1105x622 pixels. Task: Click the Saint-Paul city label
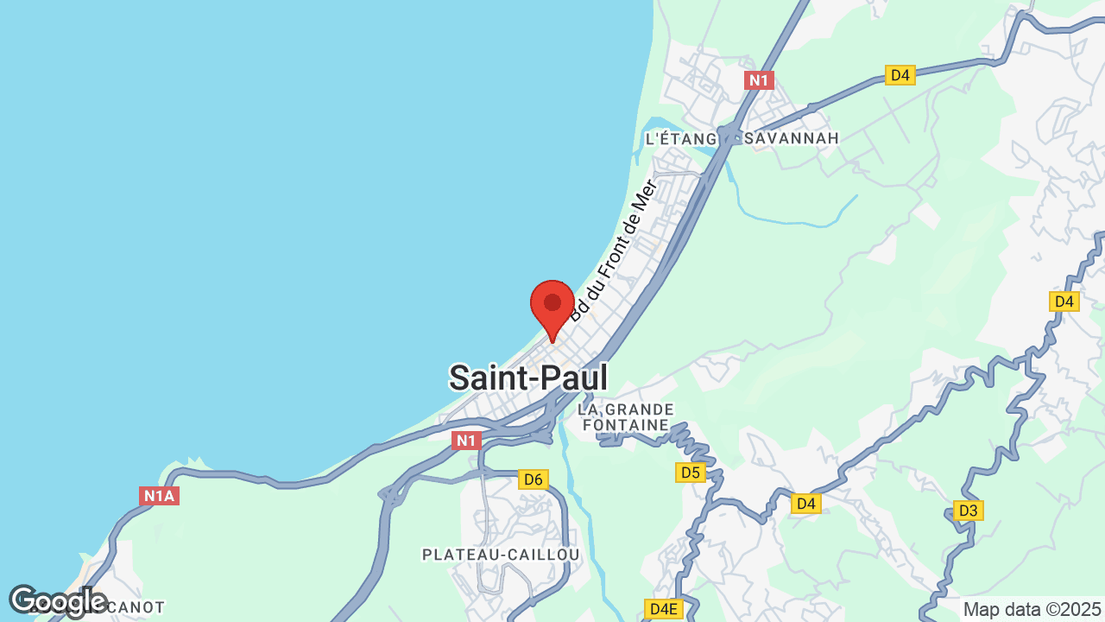(x=527, y=378)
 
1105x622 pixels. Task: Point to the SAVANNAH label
(x=792, y=138)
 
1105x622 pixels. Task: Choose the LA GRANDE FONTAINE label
(x=626, y=416)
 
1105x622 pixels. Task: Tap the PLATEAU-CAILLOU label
(x=501, y=554)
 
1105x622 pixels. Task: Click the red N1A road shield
(x=159, y=496)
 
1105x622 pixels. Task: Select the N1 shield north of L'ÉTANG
(x=759, y=80)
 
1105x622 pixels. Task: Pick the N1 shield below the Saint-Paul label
(x=466, y=441)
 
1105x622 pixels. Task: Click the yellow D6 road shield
(x=534, y=479)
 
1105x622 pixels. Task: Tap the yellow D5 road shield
(x=690, y=473)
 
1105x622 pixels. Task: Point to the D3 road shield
(x=968, y=511)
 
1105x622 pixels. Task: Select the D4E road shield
(x=663, y=609)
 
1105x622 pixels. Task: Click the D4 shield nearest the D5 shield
(x=805, y=504)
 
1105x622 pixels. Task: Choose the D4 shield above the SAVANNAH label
(x=900, y=75)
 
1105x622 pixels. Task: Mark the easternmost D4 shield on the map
(x=1064, y=301)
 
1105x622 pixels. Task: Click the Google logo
(x=57, y=601)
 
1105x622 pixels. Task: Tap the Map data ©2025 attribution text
(x=1032, y=609)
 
